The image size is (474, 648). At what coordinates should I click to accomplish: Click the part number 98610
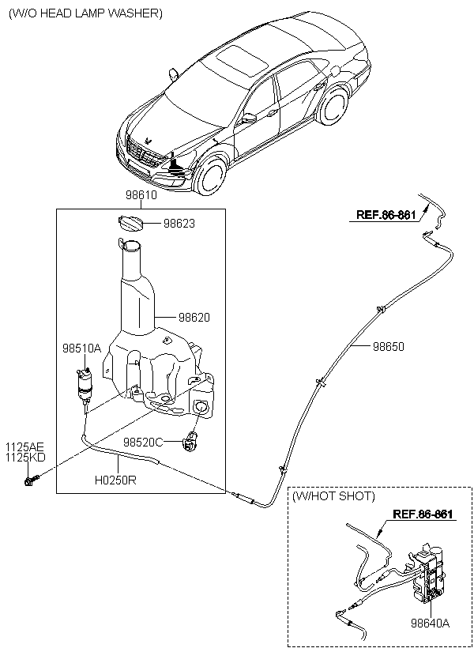click(141, 194)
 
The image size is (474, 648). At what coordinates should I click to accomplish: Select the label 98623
click(179, 224)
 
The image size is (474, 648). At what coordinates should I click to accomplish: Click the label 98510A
click(82, 348)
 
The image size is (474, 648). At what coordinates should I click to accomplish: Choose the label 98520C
click(143, 442)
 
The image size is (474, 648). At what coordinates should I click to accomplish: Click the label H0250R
click(115, 478)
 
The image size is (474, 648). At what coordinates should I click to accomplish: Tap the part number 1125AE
click(25, 446)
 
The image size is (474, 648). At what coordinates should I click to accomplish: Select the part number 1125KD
click(25, 457)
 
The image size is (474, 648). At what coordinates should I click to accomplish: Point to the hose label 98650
click(388, 346)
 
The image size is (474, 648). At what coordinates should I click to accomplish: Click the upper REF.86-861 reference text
click(386, 214)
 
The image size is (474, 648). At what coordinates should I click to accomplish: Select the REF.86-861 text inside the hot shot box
click(423, 514)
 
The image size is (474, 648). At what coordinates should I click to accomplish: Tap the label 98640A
click(429, 624)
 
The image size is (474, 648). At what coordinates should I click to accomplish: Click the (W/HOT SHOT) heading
click(333, 496)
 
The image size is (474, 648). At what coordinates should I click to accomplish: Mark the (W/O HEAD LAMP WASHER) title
click(85, 13)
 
